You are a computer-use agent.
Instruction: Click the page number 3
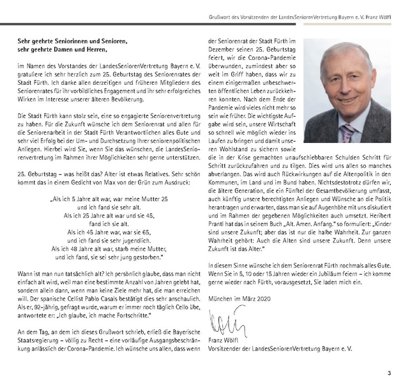(x=388, y=373)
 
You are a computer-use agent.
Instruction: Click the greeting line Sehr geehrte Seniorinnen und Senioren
(x=68, y=39)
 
